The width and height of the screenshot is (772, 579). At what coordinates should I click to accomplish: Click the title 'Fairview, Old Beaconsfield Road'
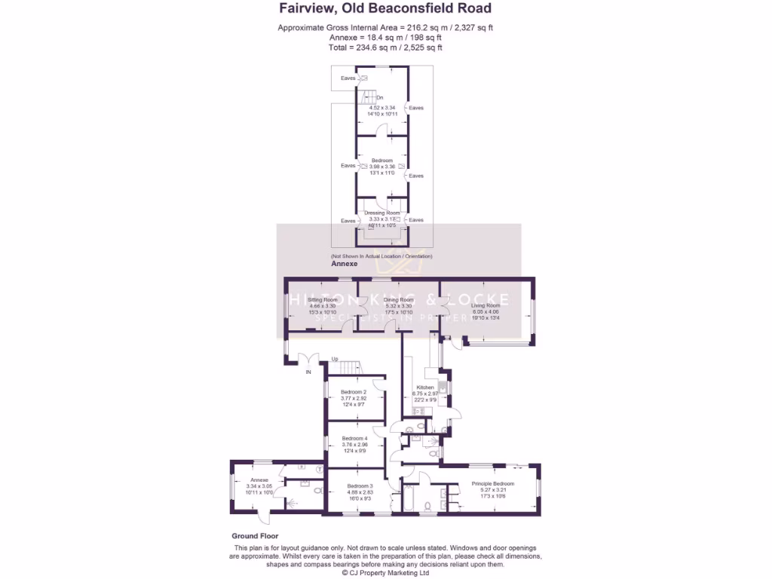(385, 9)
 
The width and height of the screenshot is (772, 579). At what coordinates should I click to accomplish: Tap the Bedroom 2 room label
(354, 392)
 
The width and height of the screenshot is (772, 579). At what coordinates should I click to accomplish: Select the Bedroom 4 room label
(354, 439)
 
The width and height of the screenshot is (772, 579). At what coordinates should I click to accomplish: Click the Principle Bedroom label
(492, 483)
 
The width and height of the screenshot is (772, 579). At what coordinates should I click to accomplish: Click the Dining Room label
(398, 300)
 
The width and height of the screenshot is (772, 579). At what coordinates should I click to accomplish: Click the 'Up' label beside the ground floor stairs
(334, 360)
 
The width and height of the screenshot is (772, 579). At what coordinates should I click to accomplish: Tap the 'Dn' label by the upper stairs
(380, 97)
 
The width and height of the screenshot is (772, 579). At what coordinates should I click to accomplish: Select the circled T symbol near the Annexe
(319, 469)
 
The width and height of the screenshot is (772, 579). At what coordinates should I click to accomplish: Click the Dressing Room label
(382, 213)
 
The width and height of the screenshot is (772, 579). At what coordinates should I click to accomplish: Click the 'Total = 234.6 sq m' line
(385, 47)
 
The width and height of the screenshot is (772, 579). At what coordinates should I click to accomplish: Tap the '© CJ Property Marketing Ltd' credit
(385, 572)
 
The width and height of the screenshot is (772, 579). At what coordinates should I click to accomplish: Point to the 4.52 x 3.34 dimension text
(382, 108)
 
